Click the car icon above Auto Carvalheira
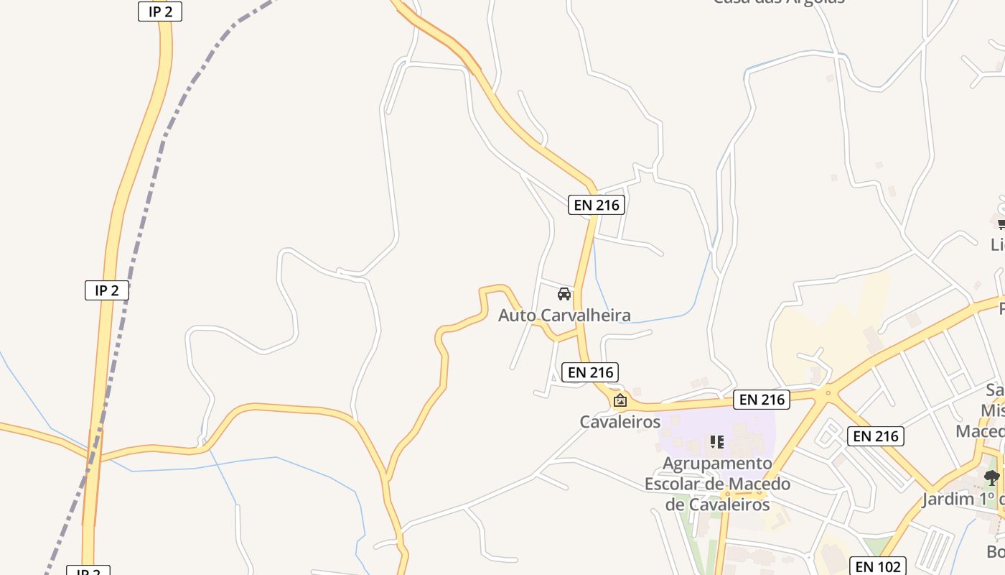point(564,294)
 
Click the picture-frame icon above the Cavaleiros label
point(620,400)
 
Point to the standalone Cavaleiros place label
point(620,422)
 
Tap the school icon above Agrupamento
point(716,441)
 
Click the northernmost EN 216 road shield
point(597,205)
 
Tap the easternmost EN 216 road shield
point(876,436)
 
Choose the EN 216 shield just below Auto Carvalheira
point(591,372)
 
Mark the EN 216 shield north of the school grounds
point(762,400)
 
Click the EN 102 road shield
point(878,566)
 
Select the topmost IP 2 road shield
point(160,11)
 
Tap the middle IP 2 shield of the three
point(107,290)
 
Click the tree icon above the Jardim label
point(992,477)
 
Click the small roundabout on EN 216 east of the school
point(828,392)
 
